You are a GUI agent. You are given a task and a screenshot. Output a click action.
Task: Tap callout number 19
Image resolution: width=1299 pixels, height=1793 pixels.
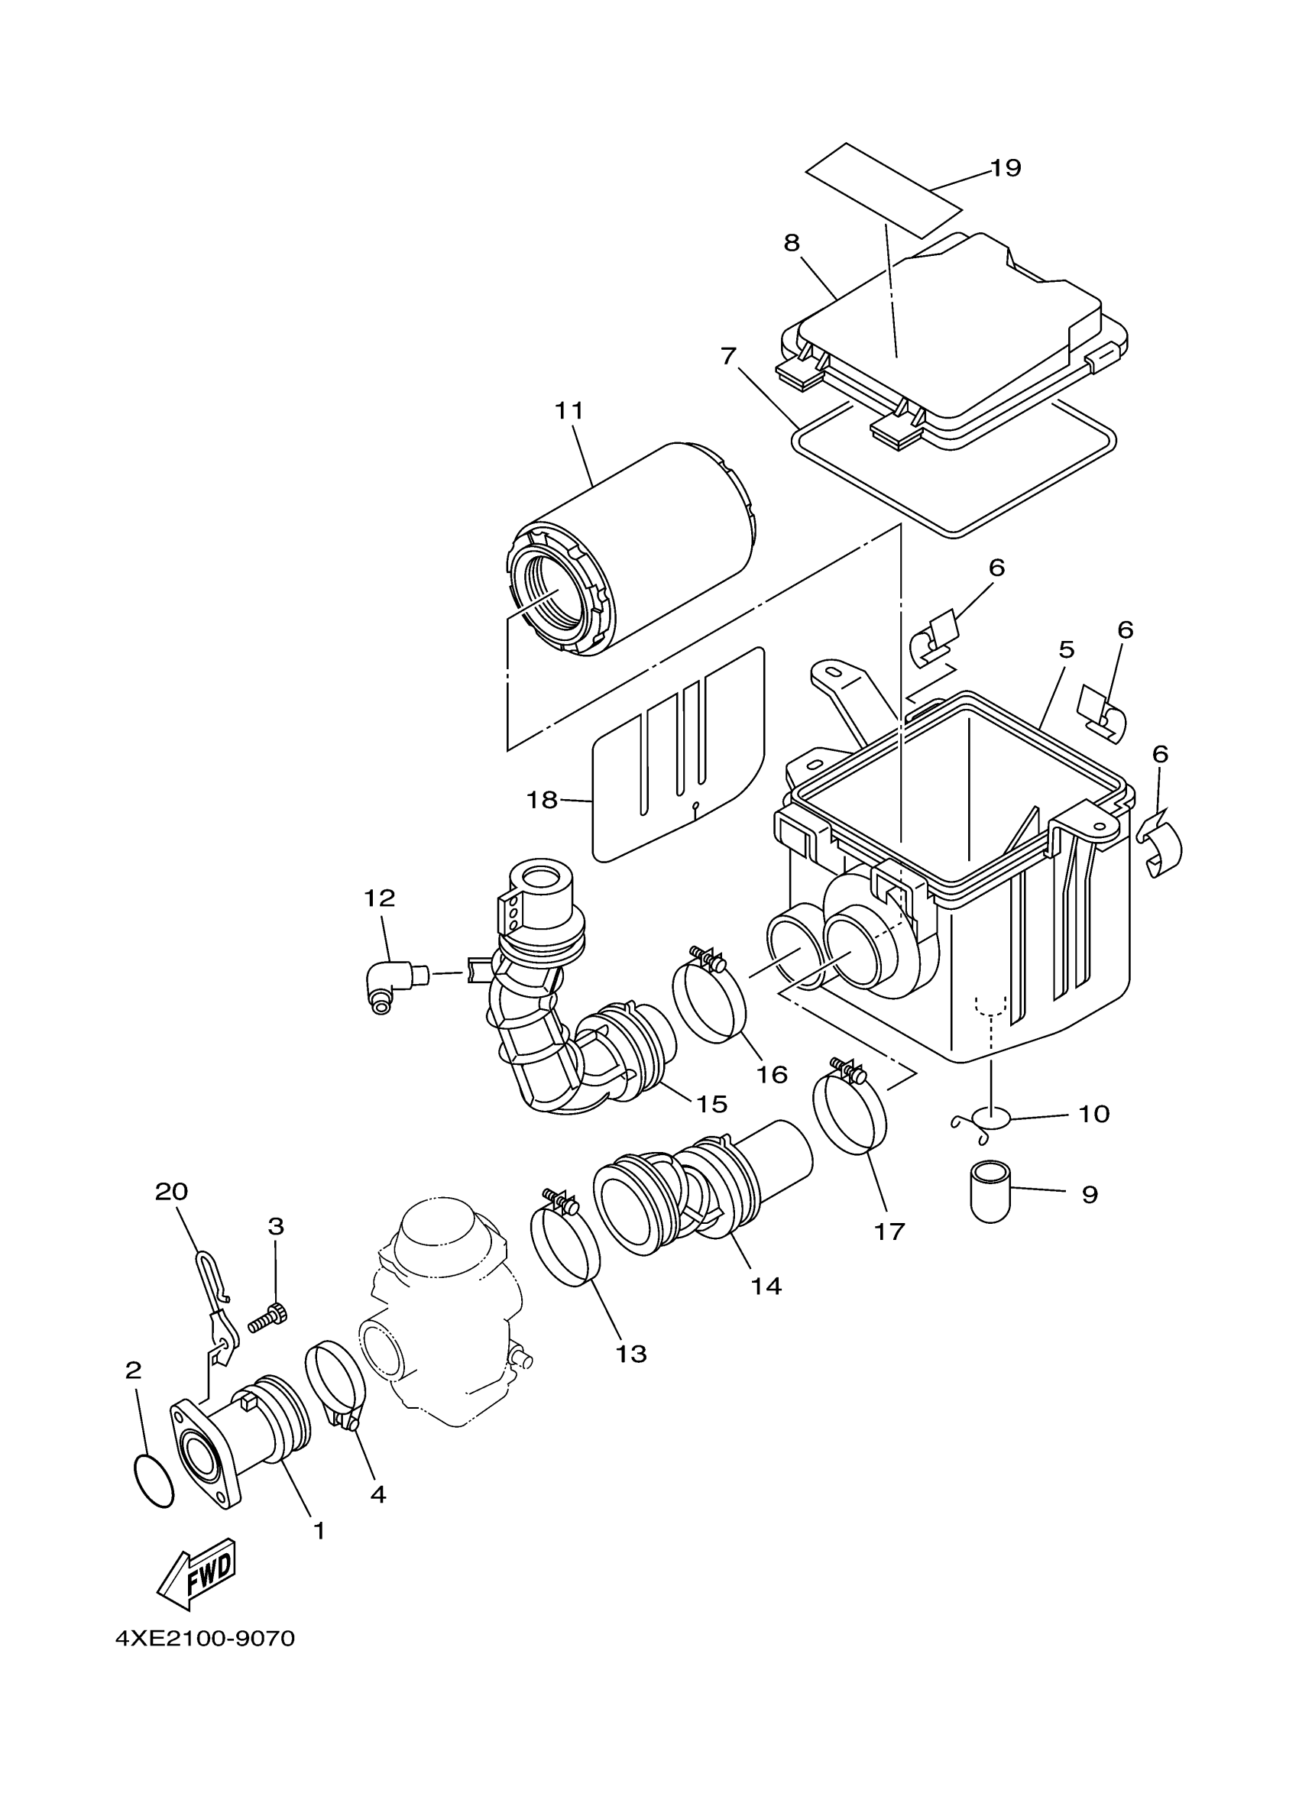[x=1006, y=168]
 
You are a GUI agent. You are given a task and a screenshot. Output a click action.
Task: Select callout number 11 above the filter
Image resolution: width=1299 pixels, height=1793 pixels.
[x=569, y=410]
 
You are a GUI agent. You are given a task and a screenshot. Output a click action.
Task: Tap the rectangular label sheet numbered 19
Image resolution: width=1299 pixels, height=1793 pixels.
[x=884, y=190]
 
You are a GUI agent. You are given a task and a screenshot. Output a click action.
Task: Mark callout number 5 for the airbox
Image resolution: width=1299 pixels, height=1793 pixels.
[x=1067, y=650]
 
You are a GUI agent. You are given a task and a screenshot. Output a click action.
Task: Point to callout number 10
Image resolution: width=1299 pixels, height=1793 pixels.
[x=1094, y=1114]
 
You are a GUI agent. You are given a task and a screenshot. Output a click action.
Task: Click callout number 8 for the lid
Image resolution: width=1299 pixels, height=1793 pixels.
[x=792, y=243]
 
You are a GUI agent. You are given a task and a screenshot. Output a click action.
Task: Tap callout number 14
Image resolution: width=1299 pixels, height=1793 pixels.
[x=766, y=1286]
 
